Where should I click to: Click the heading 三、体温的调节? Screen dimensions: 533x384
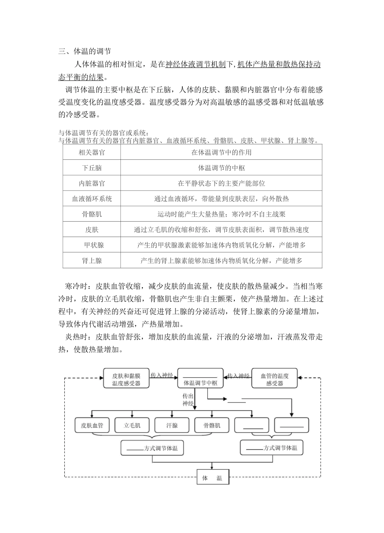click(x=84, y=51)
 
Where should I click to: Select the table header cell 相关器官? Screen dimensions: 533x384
click(x=92, y=152)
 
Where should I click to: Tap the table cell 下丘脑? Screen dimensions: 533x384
click(x=92, y=168)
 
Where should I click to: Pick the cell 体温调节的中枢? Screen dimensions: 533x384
click(x=221, y=168)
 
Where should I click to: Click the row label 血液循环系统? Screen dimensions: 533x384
click(x=92, y=199)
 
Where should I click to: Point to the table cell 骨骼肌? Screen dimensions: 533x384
click(x=92, y=214)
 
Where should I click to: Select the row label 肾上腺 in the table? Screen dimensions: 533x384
click(x=92, y=260)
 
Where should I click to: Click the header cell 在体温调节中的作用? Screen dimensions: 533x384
click(x=221, y=152)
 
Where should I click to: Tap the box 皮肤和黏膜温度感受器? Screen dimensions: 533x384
click(x=126, y=379)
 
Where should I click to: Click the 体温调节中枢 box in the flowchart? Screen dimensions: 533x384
click(x=200, y=379)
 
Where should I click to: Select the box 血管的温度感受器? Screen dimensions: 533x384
click(x=274, y=379)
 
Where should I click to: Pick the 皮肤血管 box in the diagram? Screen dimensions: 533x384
click(x=92, y=425)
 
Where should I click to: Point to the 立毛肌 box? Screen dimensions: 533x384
click(x=132, y=425)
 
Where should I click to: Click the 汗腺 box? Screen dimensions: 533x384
click(x=172, y=425)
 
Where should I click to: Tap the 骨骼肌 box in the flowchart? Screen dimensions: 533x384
click(x=212, y=425)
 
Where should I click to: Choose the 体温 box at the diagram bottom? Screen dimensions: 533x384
click(x=212, y=478)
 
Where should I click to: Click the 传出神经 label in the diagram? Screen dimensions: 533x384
click(x=188, y=400)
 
